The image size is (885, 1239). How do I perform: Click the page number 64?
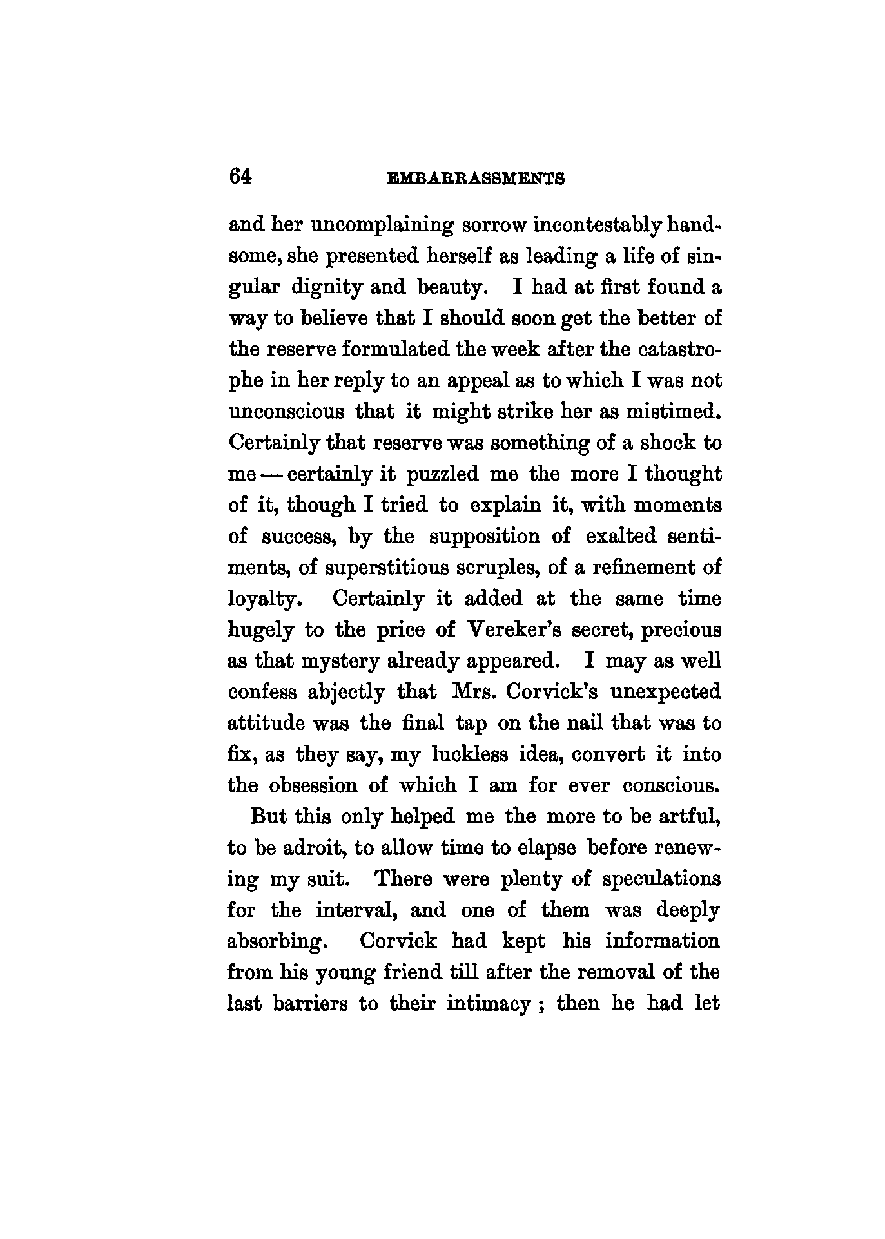pyautogui.click(x=239, y=176)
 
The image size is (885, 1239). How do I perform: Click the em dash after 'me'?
pyautogui.click(x=273, y=475)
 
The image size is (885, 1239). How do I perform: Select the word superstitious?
pyautogui.click(x=378, y=568)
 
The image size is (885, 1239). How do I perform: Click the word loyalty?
pyautogui.click(x=265, y=600)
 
